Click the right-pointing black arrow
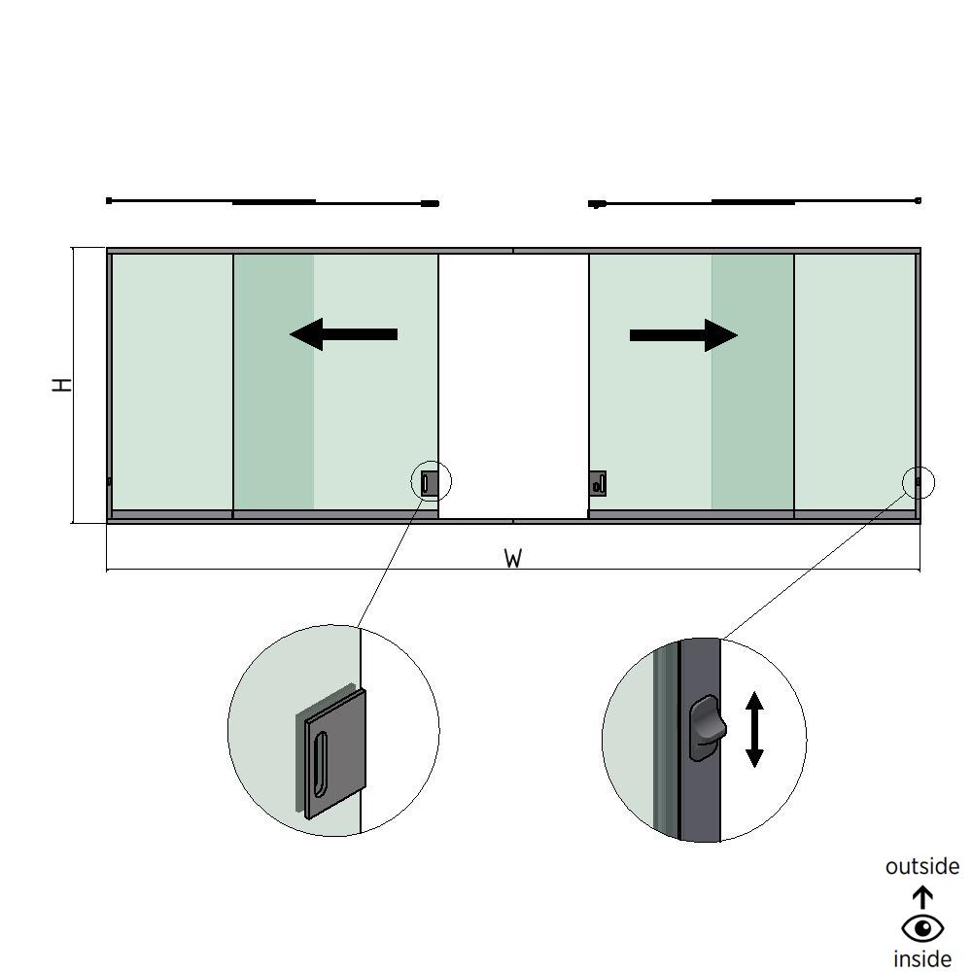tap(683, 335)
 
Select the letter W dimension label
tap(513, 559)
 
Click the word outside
tap(921, 866)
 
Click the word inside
tap(921, 958)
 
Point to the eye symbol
tap(922, 928)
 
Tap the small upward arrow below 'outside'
tap(922, 896)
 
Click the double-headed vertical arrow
tap(754, 729)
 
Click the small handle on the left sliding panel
tap(429, 481)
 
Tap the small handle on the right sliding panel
tap(597, 483)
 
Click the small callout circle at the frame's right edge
tap(919, 481)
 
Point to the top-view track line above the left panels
tap(272, 202)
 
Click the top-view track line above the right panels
tap(753, 202)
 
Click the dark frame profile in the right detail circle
tap(699, 797)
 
